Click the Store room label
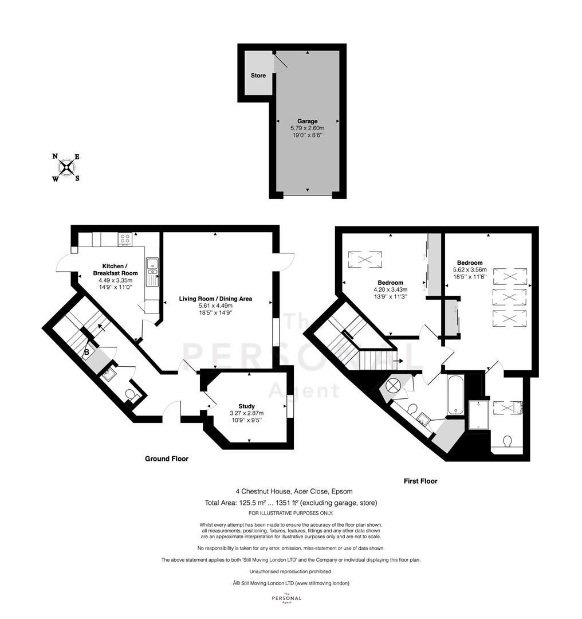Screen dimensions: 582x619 click(x=258, y=76)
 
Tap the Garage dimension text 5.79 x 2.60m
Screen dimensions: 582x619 click(x=308, y=128)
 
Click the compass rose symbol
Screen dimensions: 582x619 click(x=66, y=168)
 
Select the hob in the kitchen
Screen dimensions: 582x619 click(x=125, y=239)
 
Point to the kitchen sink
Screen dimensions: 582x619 click(x=152, y=272)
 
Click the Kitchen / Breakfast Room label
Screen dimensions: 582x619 click(x=115, y=269)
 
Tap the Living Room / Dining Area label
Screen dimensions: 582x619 click(x=215, y=299)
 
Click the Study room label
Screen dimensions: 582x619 click(x=247, y=406)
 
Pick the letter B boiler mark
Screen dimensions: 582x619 click(x=86, y=352)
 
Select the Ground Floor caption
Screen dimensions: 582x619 click(x=167, y=459)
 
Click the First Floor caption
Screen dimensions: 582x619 click(x=420, y=481)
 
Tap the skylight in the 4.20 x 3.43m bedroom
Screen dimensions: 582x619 click(x=365, y=260)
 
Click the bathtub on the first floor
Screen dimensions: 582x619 click(x=456, y=395)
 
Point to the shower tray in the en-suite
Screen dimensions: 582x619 click(x=479, y=414)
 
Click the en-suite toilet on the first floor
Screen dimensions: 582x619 click(x=508, y=441)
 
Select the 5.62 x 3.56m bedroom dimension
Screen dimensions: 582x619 click(x=470, y=269)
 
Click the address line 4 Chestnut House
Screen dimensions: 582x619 click(x=294, y=492)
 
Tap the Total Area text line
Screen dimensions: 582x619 click(x=291, y=503)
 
